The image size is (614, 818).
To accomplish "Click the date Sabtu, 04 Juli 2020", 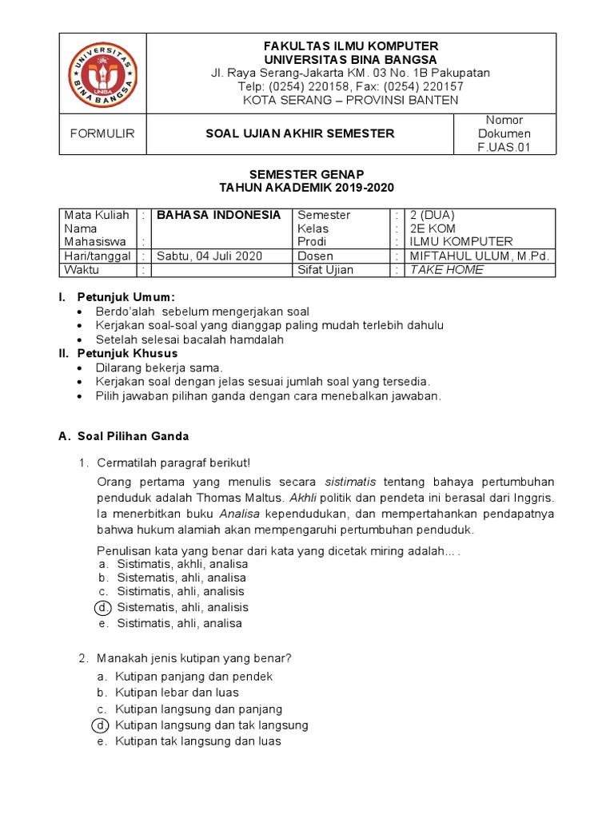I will coord(209,256).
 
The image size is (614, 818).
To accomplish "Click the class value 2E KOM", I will coord(433,228).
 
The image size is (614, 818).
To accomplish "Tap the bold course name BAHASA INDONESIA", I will coord(218,215).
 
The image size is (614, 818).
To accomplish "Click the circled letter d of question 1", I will coord(102,608).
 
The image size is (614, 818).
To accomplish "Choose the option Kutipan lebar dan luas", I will coord(177,693).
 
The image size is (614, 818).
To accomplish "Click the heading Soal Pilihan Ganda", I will coord(134,436).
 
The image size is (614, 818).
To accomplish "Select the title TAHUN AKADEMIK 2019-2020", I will coord(307,188).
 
